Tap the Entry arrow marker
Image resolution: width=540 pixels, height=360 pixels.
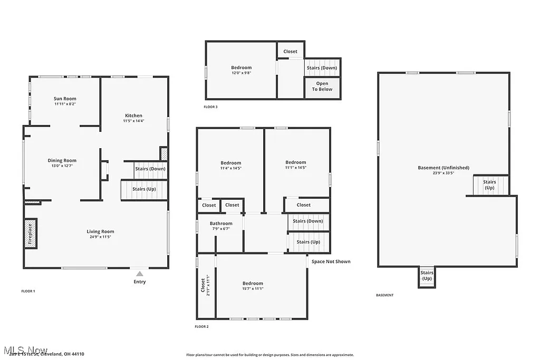coord(139,274)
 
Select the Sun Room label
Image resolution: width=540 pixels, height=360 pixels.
coord(65,99)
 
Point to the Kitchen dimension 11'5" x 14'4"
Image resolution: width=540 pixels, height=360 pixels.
coord(133,121)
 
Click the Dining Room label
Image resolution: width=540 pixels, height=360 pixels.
coord(62,160)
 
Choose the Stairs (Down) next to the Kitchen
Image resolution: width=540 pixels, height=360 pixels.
coord(150,169)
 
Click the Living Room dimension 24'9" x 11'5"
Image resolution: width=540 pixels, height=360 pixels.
coord(100,237)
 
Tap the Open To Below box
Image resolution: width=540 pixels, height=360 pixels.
coord(322,86)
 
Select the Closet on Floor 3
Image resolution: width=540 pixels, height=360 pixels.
coord(290,51)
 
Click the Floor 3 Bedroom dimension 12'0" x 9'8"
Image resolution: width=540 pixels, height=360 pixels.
coord(241,73)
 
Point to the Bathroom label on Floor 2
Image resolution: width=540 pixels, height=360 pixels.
coord(221,223)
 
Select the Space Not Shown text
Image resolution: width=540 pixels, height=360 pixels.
coord(331,261)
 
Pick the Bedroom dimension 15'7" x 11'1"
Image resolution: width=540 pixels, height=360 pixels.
coord(253,288)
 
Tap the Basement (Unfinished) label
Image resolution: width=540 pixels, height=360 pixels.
coord(443,168)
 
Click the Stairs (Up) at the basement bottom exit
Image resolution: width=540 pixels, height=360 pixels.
coord(427,276)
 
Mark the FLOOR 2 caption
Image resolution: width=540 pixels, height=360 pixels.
coord(201,327)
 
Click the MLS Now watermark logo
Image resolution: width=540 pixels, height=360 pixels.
coord(25,350)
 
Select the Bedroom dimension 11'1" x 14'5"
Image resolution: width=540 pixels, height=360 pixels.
coord(295,168)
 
